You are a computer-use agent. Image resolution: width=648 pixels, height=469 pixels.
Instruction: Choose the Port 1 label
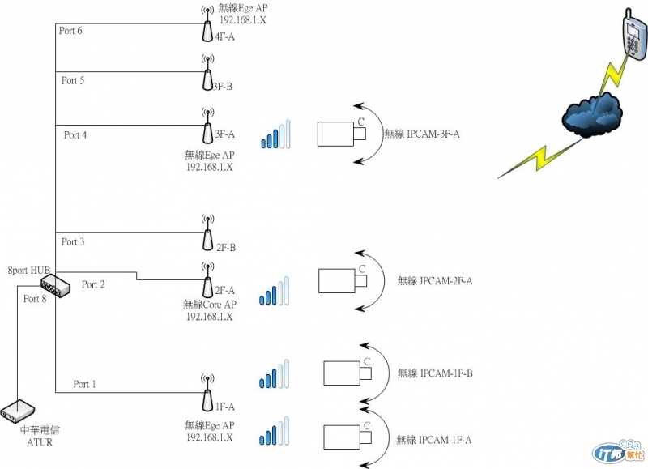[85, 383]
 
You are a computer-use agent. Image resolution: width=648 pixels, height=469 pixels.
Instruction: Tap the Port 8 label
[35, 299]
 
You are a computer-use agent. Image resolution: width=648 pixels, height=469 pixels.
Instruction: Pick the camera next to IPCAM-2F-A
[341, 280]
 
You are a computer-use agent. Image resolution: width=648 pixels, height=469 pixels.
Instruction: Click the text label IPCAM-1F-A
[433, 440]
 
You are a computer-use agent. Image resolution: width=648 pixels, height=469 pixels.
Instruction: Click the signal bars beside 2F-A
[274, 292]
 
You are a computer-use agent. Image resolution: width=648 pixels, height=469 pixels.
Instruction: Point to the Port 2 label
[93, 284]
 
